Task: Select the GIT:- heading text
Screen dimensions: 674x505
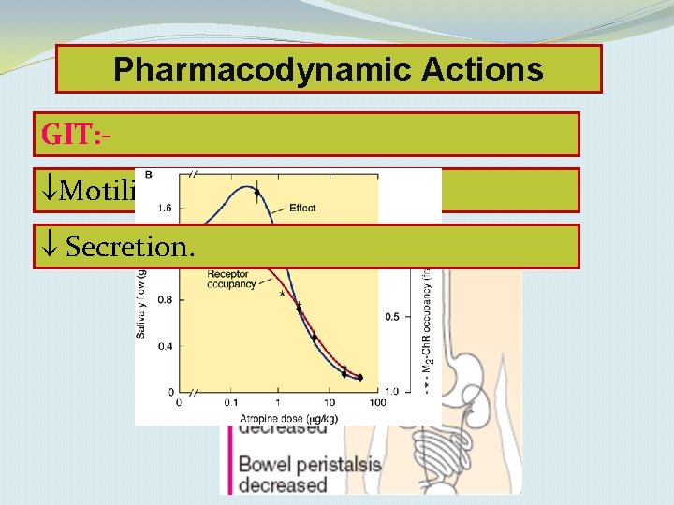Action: pos(77,135)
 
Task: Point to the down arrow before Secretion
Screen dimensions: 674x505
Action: pos(50,247)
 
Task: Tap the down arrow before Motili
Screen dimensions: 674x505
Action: pos(50,191)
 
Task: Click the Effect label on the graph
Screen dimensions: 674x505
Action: pos(302,208)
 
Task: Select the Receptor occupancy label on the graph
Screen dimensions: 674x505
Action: pos(231,279)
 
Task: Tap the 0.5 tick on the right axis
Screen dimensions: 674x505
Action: pos(391,317)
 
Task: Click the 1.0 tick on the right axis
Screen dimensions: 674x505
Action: pos(391,390)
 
